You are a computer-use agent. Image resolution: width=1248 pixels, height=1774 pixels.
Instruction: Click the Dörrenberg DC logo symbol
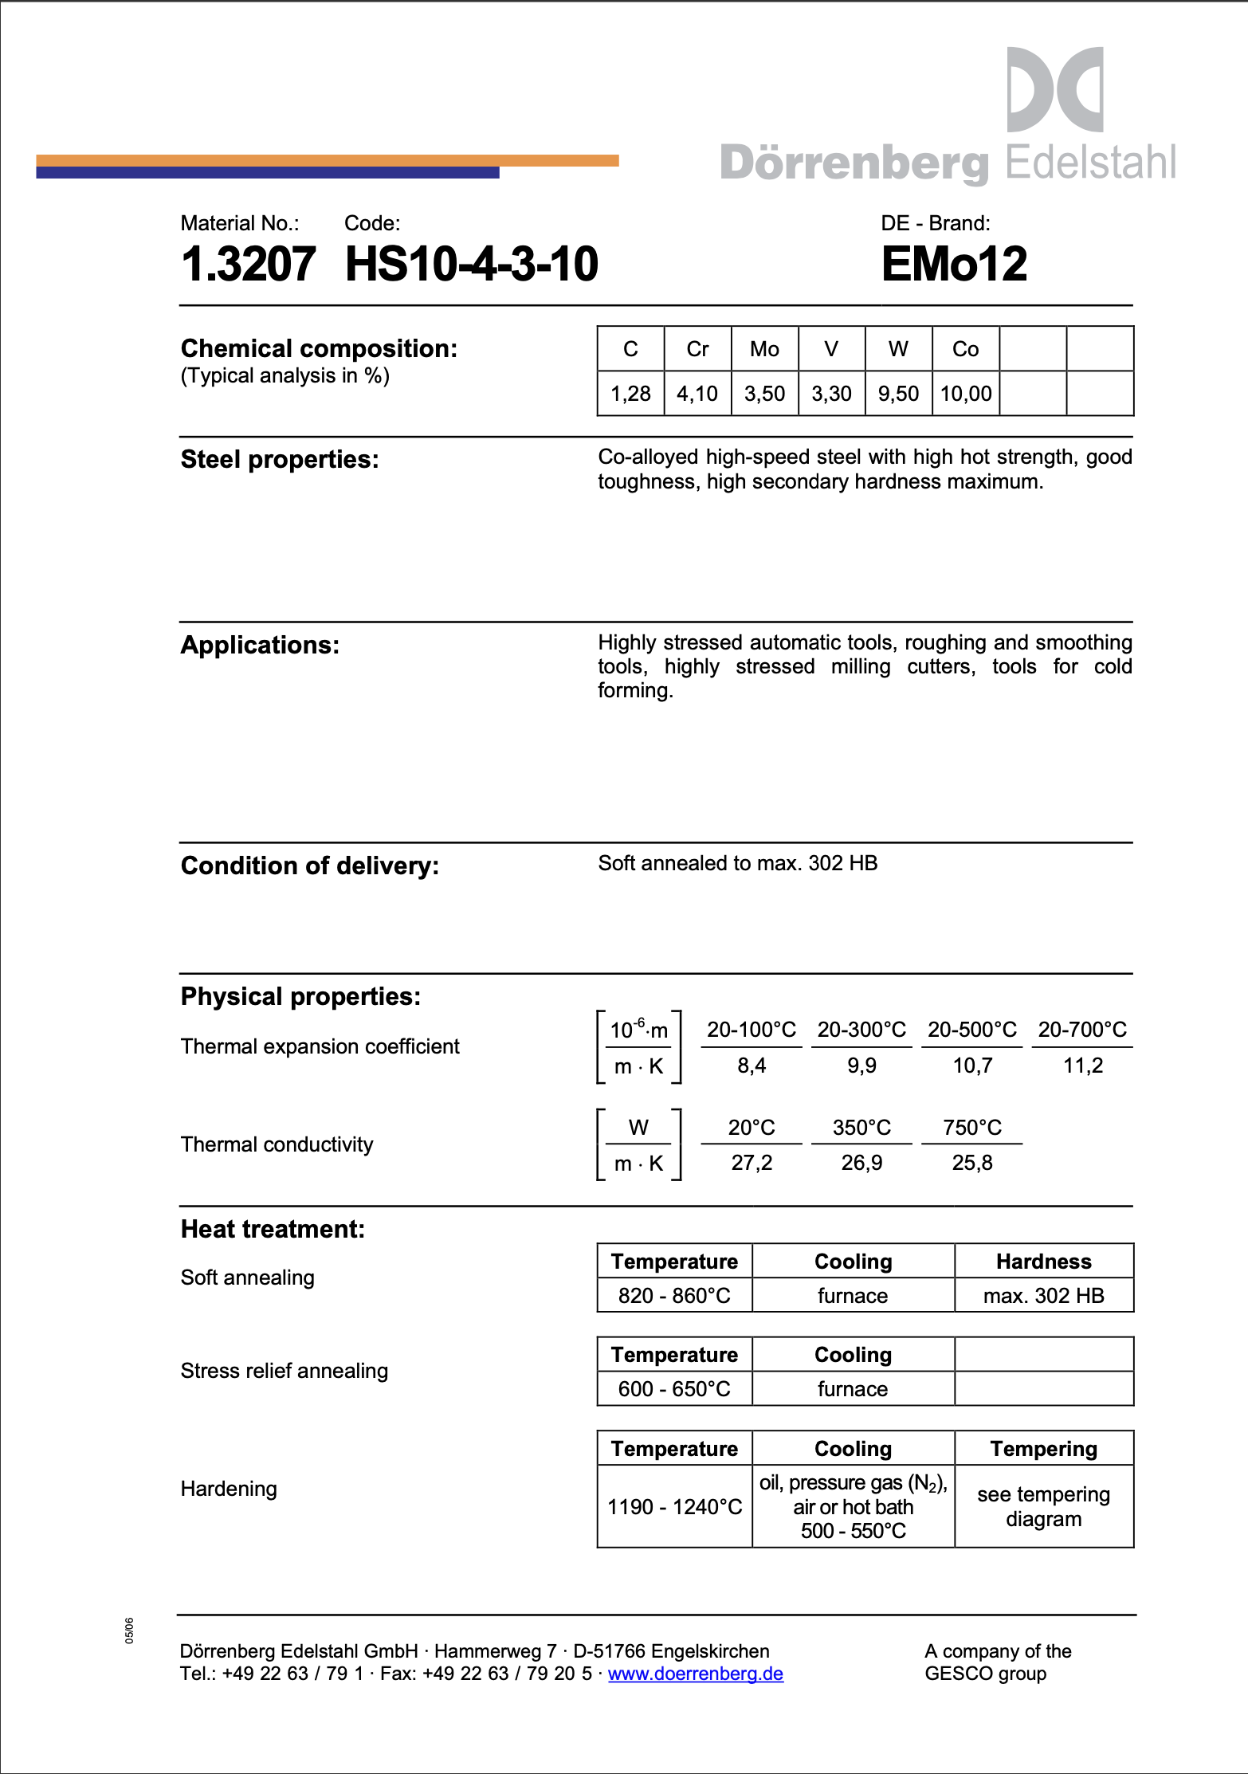click(x=1055, y=89)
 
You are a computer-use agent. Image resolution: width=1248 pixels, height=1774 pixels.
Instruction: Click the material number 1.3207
click(x=248, y=264)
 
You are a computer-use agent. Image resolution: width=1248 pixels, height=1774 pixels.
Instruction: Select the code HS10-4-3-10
click(x=471, y=264)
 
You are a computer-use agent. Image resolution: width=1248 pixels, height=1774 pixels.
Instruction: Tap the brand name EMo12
click(x=954, y=264)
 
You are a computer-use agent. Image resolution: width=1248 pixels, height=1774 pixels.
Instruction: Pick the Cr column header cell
click(x=697, y=349)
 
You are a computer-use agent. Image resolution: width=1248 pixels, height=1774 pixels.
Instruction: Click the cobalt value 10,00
click(x=966, y=394)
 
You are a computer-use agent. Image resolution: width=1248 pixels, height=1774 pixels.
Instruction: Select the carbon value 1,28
click(x=630, y=394)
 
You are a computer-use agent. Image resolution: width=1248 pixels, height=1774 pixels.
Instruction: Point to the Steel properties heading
click(x=280, y=460)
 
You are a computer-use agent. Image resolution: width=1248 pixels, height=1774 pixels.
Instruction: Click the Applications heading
click(x=260, y=645)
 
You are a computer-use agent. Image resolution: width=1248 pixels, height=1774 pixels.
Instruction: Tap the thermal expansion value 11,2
click(x=1082, y=1066)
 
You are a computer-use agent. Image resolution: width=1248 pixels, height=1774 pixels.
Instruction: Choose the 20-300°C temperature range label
click(x=861, y=1030)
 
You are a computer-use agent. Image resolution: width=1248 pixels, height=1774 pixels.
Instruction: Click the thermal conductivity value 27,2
click(x=752, y=1163)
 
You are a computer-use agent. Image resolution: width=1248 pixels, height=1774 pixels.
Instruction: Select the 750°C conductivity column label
click(x=971, y=1128)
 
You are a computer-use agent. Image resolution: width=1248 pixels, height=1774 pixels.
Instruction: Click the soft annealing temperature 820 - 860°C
click(x=674, y=1296)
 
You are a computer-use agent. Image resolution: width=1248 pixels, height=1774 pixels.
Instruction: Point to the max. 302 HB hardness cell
click(x=1043, y=1296)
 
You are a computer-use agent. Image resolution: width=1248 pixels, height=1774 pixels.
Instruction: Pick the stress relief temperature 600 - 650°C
click(x=674, y=1389)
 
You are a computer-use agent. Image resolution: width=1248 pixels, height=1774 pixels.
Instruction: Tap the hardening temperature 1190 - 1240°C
click(x=674, y=1507)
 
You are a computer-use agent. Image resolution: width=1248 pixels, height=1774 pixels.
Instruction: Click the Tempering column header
click(x=1043, y=1449)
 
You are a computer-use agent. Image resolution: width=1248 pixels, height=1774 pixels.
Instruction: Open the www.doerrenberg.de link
click(x=695, y=1674)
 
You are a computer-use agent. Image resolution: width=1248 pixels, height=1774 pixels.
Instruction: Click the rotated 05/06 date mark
click(x=129, y=1631)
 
